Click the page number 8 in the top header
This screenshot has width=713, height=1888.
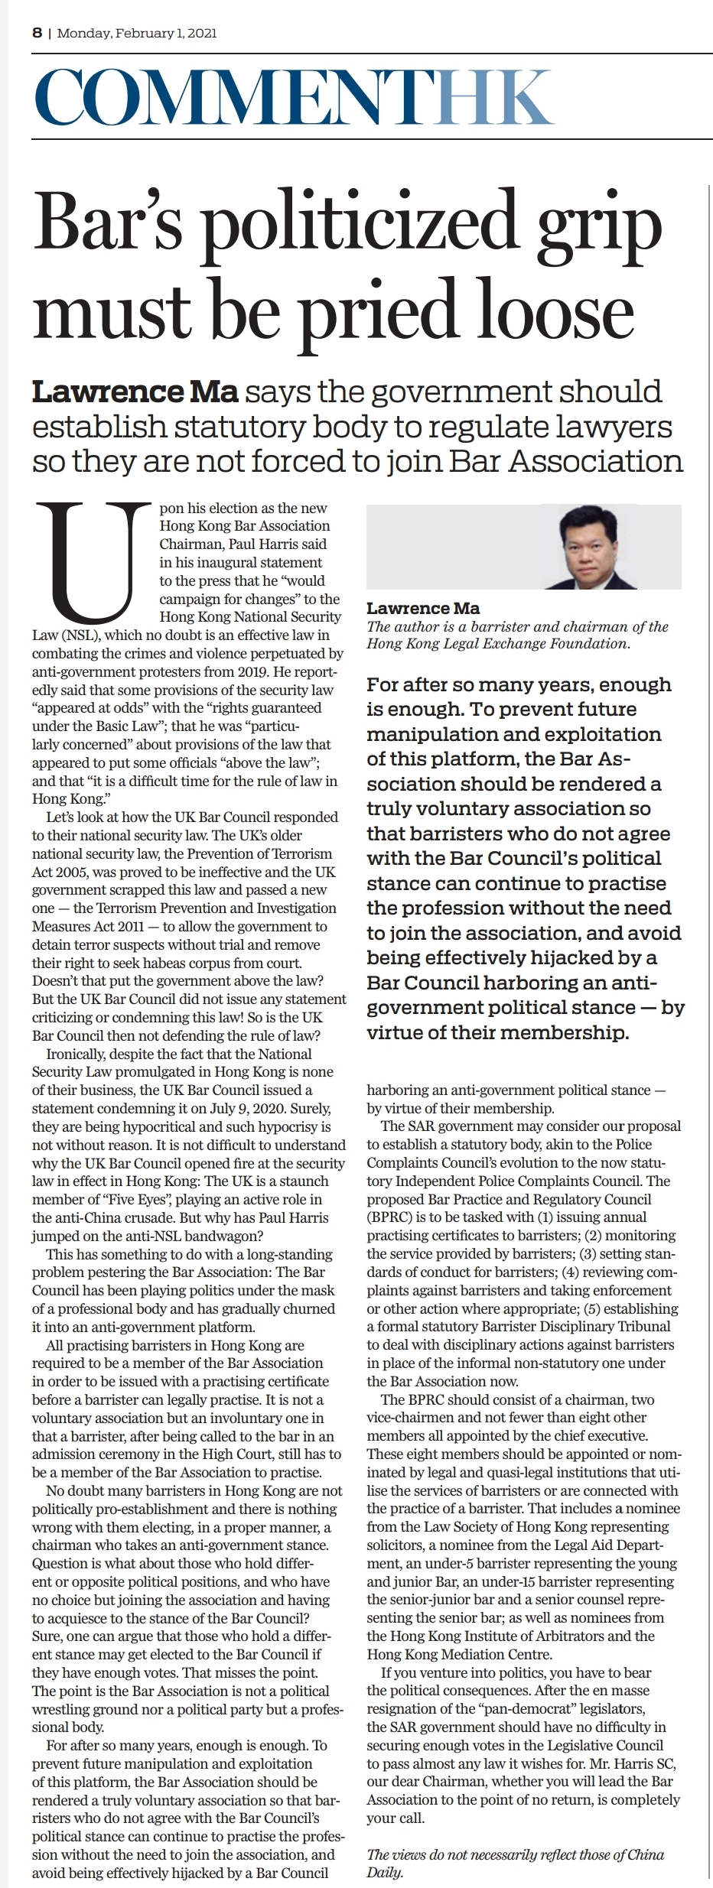pos(37,33)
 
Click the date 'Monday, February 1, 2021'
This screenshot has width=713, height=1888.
pos(137,33)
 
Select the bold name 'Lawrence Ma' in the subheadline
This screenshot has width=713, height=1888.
pos(135,392)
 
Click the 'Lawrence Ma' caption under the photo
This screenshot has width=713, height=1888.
pos(423,608)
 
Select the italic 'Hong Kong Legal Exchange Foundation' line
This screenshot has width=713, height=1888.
pos(497,643)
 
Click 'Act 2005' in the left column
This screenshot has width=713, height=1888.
pos(58,872)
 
